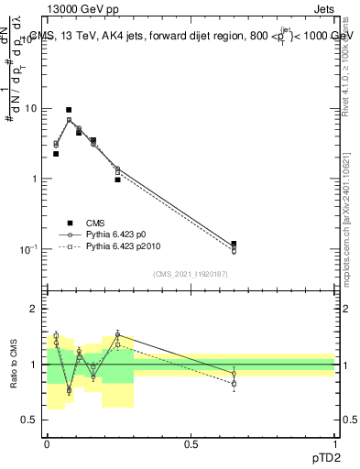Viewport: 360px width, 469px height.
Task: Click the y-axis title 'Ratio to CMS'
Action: tap(14, 364)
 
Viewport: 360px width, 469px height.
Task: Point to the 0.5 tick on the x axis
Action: tap(191, 443)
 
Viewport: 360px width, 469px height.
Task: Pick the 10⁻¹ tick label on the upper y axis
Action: tap(30, 248)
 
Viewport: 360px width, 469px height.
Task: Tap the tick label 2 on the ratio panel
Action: tap(36, 309)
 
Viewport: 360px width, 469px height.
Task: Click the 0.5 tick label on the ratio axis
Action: tap(31, 420)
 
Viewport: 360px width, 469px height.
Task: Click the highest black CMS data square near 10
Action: tap(69, 109)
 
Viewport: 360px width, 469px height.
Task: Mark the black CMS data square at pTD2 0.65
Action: tap(234, 244)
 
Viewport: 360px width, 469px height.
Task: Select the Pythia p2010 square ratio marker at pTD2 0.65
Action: tap(234, 385)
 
